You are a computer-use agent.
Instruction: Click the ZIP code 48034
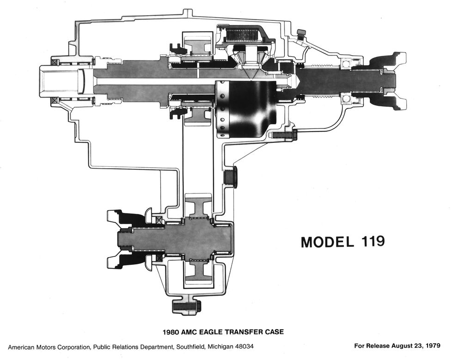(x=243, y=346)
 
